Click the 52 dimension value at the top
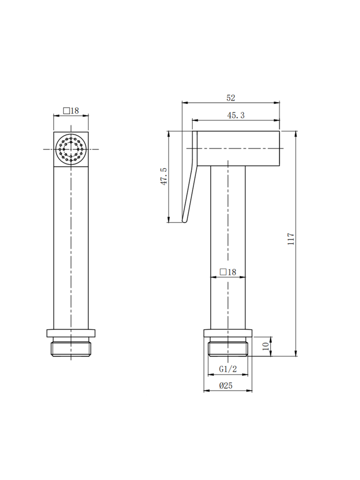(x=231, y=98)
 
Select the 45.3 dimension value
(x=236, y=115)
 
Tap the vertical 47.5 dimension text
(x=164, y=177)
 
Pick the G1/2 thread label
(x=228, y=369)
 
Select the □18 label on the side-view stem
(x=228, y=272)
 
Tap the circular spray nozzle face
(x=71, y=149)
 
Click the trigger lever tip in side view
(x=184, y=220)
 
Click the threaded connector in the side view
(x=228, y=348)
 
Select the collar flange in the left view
(x=71, y=333)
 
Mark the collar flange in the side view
(x=228, y=333)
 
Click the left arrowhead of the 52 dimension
(x=183, y=103)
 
